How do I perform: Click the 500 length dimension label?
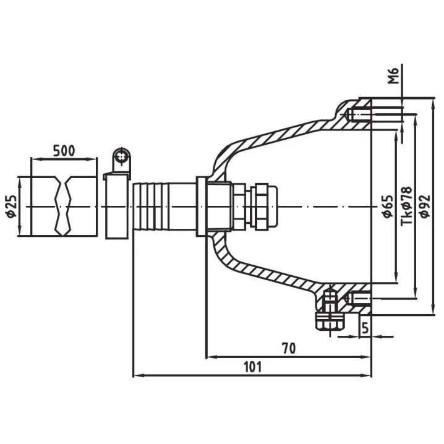coord(64,151)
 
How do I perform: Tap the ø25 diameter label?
coord(12,206)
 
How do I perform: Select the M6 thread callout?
coord(393,76)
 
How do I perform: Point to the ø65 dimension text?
coord(387,206)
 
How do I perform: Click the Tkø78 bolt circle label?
coord(408,205)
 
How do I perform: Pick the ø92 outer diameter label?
coord(425,206)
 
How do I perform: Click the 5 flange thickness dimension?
coord(365,328)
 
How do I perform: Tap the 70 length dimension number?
coord(289,348)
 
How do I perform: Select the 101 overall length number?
coord(253,367)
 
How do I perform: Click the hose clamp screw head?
coord(122,156)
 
